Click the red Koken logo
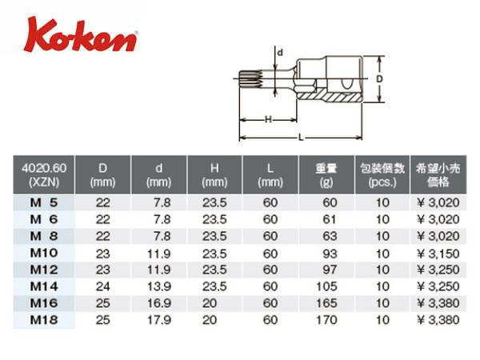80,35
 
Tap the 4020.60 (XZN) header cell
44,174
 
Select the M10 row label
44,253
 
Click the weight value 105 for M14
326,286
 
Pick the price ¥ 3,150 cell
438,254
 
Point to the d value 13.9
159,286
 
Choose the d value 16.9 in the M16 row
159,303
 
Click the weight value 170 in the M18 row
326,320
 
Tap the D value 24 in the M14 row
103,286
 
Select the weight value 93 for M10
330,254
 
